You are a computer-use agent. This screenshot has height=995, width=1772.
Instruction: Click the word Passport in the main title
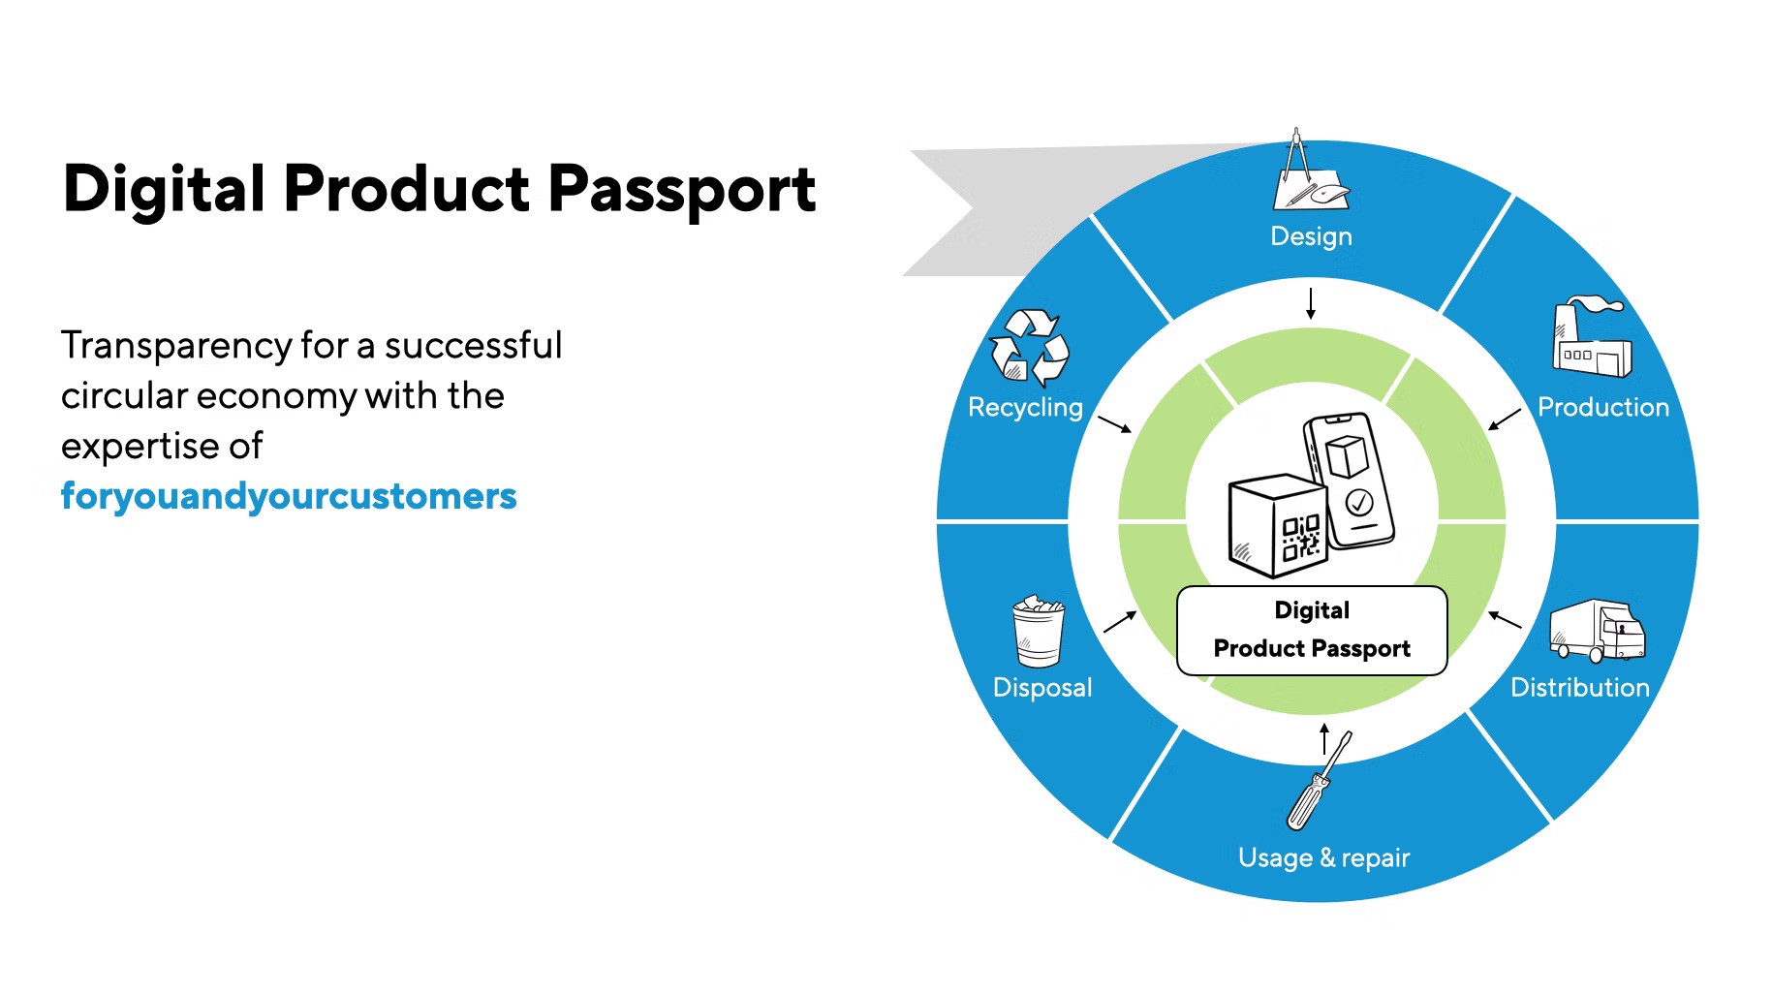[x=682, y=189]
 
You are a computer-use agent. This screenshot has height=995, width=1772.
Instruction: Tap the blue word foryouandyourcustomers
[x=289, y=496]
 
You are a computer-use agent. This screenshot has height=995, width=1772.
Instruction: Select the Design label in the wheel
[x=1311, y=237]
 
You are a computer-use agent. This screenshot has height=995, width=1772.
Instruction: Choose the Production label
[x=1603, y=407]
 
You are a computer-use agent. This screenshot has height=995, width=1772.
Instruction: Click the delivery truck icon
[x=1597, y=630]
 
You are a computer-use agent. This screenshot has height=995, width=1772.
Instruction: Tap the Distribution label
[x=1579, y=687]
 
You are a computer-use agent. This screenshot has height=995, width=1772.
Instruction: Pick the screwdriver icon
[x=1319, y=781]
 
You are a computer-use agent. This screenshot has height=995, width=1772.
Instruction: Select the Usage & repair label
[x=1323, y=858]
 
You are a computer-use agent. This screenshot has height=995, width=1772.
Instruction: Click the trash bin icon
[x=1039, y=631]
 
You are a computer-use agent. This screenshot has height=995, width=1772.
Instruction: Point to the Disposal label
[x=1042, y=688]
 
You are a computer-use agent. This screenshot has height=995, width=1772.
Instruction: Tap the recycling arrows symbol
[x=1029, y=347]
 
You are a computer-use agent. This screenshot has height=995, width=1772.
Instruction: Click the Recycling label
[x=1025, y=408]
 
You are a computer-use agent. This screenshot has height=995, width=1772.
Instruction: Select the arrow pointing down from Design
[x=1311, y=303]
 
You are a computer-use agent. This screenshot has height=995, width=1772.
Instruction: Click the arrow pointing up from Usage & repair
[x=1324, y=738]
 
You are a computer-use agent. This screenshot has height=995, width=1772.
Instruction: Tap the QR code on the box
[x=1301, y=538]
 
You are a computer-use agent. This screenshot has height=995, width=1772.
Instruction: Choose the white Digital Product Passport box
[x=1312, y=631]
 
